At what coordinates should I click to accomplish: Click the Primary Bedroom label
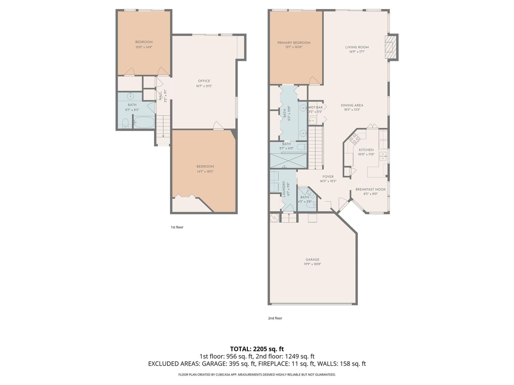click(294, 43)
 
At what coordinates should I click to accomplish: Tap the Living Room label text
click(357, 47)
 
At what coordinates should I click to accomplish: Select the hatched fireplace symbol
click(391, 47)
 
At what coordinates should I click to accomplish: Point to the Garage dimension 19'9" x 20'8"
click(312, 264)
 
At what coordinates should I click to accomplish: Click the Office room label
click(204, 81)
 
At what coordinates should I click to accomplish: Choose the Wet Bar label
click(315, 107)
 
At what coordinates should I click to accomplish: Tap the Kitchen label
click(366, 150)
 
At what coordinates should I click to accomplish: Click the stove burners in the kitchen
click(354, 139)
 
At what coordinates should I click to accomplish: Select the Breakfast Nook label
click(370, 189)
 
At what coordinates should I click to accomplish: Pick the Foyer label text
click(328, 177)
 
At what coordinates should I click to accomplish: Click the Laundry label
click(284, 189)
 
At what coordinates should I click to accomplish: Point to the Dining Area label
click(352, 105)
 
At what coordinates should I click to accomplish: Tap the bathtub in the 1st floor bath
click(144, 122)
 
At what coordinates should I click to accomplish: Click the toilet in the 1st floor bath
click(126, 123)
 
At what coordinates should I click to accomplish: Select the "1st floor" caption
click(177, 227)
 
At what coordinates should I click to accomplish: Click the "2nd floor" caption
click(275, 318)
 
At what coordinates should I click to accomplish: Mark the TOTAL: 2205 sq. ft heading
click(257, 349)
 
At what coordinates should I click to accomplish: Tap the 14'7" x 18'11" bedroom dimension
click(205, 171)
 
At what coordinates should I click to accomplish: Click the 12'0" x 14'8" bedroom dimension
click(144, 47)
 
